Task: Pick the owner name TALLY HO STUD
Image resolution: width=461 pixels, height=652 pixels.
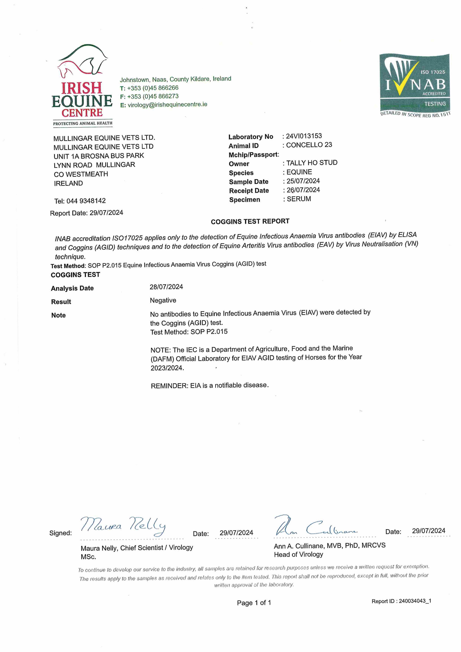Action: pyautogui.click(x=312, y=163)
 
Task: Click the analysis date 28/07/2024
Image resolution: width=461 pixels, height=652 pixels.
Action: pyautogui.click(x=166, y=287)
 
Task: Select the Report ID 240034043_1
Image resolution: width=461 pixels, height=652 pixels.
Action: pyautogui.click(x=415, y=601)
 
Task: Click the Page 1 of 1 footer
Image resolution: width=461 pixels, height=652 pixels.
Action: pyautogui.click(x=254, y=603)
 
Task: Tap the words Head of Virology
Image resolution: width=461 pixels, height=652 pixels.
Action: pyautogui.click(x=298, y=554)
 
